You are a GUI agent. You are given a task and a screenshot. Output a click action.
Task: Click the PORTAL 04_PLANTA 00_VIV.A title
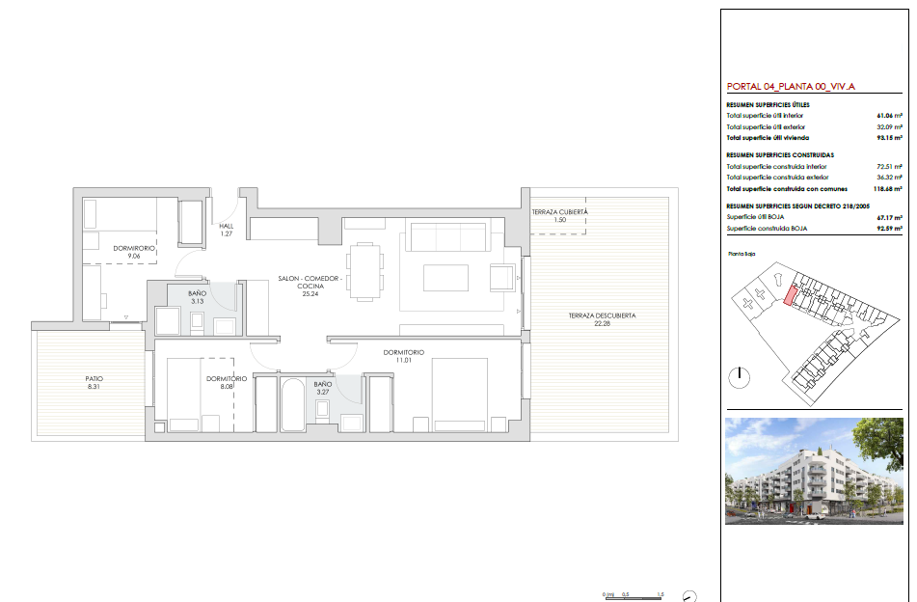coord(791,87)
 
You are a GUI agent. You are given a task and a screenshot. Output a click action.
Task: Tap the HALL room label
coord(227,226)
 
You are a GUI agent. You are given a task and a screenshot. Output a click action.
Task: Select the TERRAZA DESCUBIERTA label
coord(602,315)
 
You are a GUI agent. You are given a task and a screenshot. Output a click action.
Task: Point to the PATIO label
coord(94,378)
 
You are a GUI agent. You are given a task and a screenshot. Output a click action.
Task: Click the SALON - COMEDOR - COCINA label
coord(310,282)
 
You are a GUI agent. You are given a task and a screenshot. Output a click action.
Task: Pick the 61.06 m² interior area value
coord(889,116)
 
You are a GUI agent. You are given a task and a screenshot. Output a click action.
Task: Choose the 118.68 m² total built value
coord(887,189)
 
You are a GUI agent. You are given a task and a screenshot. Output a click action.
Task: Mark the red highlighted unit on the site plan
coord(790,295)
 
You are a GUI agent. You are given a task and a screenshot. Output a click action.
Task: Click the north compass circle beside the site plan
coord(740,377)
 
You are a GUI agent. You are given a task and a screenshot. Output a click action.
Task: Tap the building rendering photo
coord(814,471)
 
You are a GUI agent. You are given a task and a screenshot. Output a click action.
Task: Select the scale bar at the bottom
coord(634,598)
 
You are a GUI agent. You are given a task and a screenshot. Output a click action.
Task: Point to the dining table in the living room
coord(364,272)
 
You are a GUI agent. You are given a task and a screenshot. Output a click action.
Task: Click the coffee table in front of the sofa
coord(445,278)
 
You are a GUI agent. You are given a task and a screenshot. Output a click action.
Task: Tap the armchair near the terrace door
coord(501,277)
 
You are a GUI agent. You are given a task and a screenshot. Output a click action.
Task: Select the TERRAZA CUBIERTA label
coord(559,212)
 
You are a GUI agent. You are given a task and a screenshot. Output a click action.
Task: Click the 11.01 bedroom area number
coord(404,361)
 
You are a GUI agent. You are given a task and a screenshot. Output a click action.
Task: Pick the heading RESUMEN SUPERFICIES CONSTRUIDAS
coord(780,155)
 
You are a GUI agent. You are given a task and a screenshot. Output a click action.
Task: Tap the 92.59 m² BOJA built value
coord(889,229)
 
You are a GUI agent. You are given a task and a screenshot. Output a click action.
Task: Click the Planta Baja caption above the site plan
coord(742,254)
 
